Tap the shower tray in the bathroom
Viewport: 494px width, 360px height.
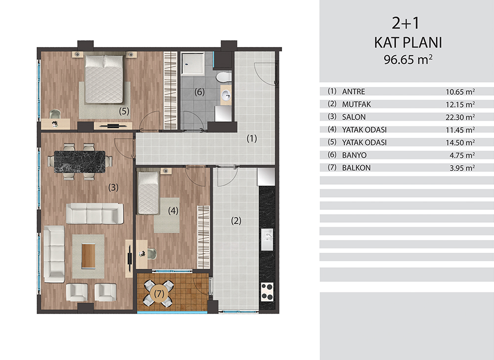pyautogui.click(x=193, y=63)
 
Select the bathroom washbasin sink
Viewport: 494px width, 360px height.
pyautogui.click(x=226, y=94)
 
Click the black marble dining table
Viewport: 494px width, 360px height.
pyautogui.click(x=80, y=161)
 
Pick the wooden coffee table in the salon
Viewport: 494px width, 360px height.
pyautogui.click(x=88, y=256)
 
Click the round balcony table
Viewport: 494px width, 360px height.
pyautogui.click(x=159, y=294)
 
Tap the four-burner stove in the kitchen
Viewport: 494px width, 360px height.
pyautogui.click(x=267, y=292)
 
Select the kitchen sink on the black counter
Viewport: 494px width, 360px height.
pyautogui.click(x=267, y=240)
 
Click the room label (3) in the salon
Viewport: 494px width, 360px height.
pyautogui.click(x=114, y=187)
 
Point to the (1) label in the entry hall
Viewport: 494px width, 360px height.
pyautogui.click(x=252, y=138)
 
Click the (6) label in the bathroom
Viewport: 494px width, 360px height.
pyautogui.click(x=200, y=92)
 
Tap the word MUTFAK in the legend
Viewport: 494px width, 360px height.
pyautogui.click(x=357, y=104)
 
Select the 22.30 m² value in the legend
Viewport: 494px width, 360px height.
pyautogui.click(x=460, y=117)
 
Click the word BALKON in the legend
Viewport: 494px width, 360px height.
pyautogui.click(x=356, y=168)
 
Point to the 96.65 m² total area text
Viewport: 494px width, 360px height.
pyautogui.click(x=408, y=60)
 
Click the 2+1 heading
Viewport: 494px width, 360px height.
pyautogui.click(x=406, y=23)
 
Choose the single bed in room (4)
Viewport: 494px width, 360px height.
pyautogui.click(x=148, y=193)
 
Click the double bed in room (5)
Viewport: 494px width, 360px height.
pyautogui.click(x=104, y=79)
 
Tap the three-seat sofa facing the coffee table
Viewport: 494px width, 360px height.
pyautogui.click(x=94, y=213)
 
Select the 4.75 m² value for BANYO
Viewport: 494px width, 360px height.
pyautogui.click(x=462, y=155)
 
